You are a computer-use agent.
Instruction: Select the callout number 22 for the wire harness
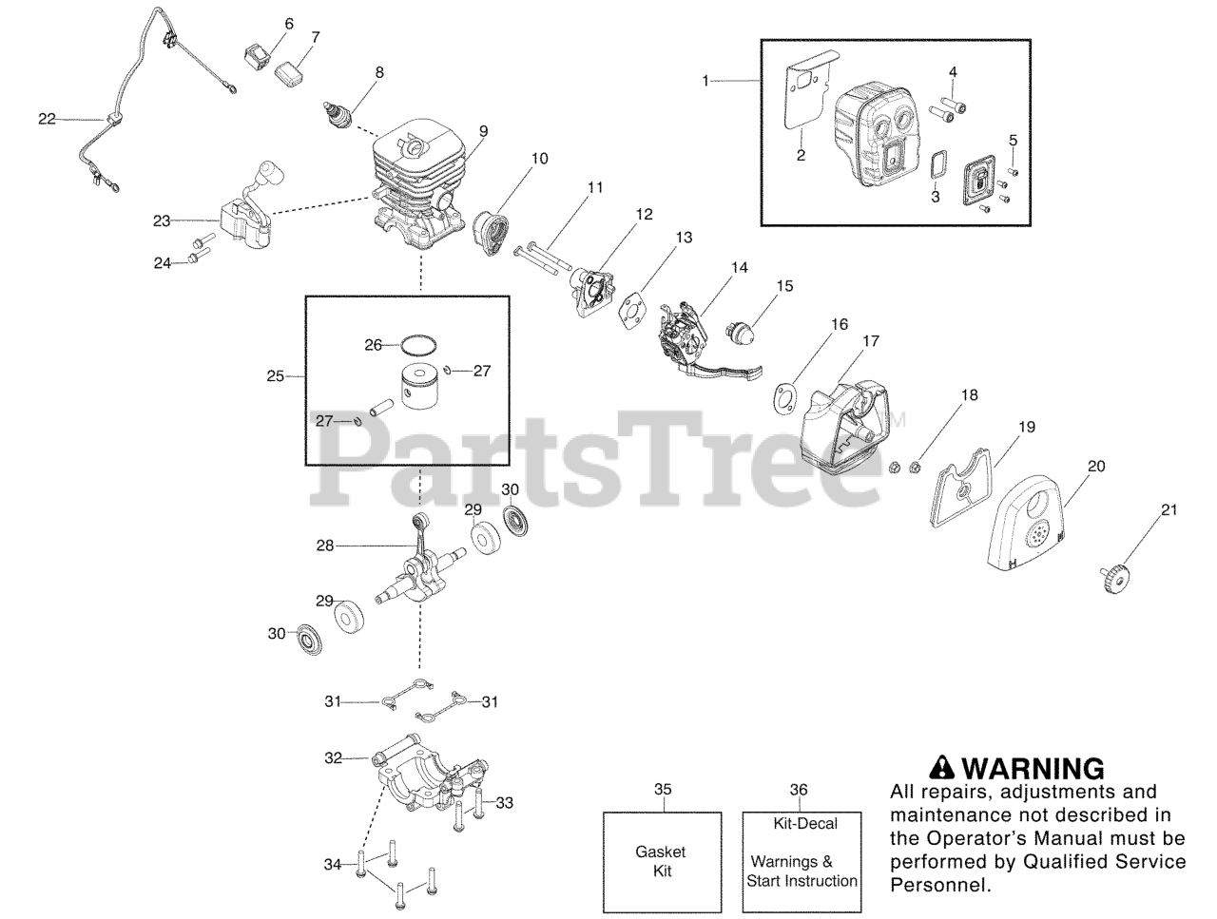47,119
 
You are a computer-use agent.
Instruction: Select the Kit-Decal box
802,862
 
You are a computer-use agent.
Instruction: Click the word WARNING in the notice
1033,768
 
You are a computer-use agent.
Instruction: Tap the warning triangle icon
940,766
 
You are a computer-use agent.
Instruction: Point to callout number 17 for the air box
871,340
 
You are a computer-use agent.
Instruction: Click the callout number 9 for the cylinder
483,130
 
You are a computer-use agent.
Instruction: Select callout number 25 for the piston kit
275,376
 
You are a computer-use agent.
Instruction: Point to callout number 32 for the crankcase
333,758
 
